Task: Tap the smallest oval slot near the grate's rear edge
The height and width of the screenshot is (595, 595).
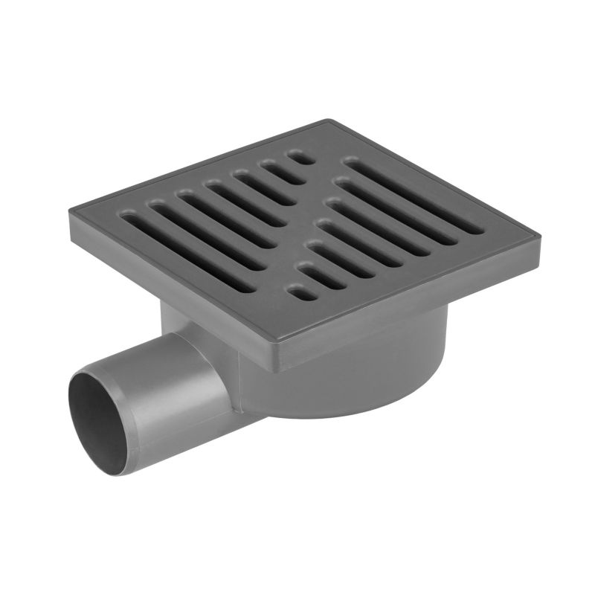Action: tap(298, 157)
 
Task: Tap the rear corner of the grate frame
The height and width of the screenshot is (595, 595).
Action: tap(326, 120)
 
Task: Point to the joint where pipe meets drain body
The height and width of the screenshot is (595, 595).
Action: tap(238, 379)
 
